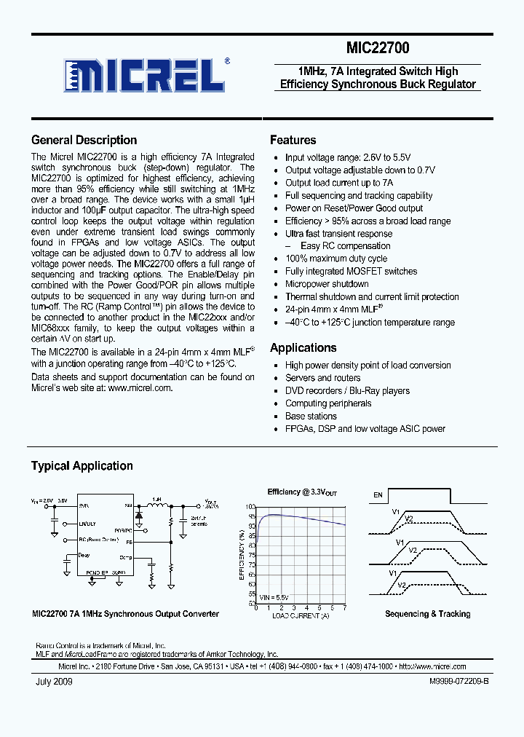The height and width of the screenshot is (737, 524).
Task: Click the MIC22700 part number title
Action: (x=377, y=49)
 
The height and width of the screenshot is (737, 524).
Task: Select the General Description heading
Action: (x=84, y=141)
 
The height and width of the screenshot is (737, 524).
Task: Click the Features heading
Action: (x=293, y=141)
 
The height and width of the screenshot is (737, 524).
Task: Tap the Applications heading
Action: (x=303, y=348)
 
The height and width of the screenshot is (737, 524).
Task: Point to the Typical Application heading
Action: (x=82, y=466)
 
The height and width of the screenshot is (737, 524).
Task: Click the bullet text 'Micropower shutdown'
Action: (x=327, y=284)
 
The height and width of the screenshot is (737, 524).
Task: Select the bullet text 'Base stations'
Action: (x=311, y=417)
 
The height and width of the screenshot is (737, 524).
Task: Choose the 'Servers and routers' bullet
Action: (x=322, y=378)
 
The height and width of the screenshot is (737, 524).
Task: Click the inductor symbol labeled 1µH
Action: (x=156, y=505)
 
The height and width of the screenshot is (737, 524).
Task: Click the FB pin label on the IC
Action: (x=129, y=542)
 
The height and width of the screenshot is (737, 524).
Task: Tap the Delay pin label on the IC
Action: (x=84, y=555)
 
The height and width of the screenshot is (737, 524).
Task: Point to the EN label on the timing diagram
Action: (x=378, y=495)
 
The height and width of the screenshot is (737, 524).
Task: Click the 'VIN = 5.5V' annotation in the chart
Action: (x=274, y=597)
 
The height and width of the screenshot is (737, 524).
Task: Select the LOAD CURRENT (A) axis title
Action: (x=301, y=615)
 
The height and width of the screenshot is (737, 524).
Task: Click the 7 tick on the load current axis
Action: (x=344, y=608)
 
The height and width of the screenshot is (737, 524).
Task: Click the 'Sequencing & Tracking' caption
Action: (x=427, y=614)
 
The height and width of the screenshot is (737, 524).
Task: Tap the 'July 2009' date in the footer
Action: (x=54, y=682)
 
